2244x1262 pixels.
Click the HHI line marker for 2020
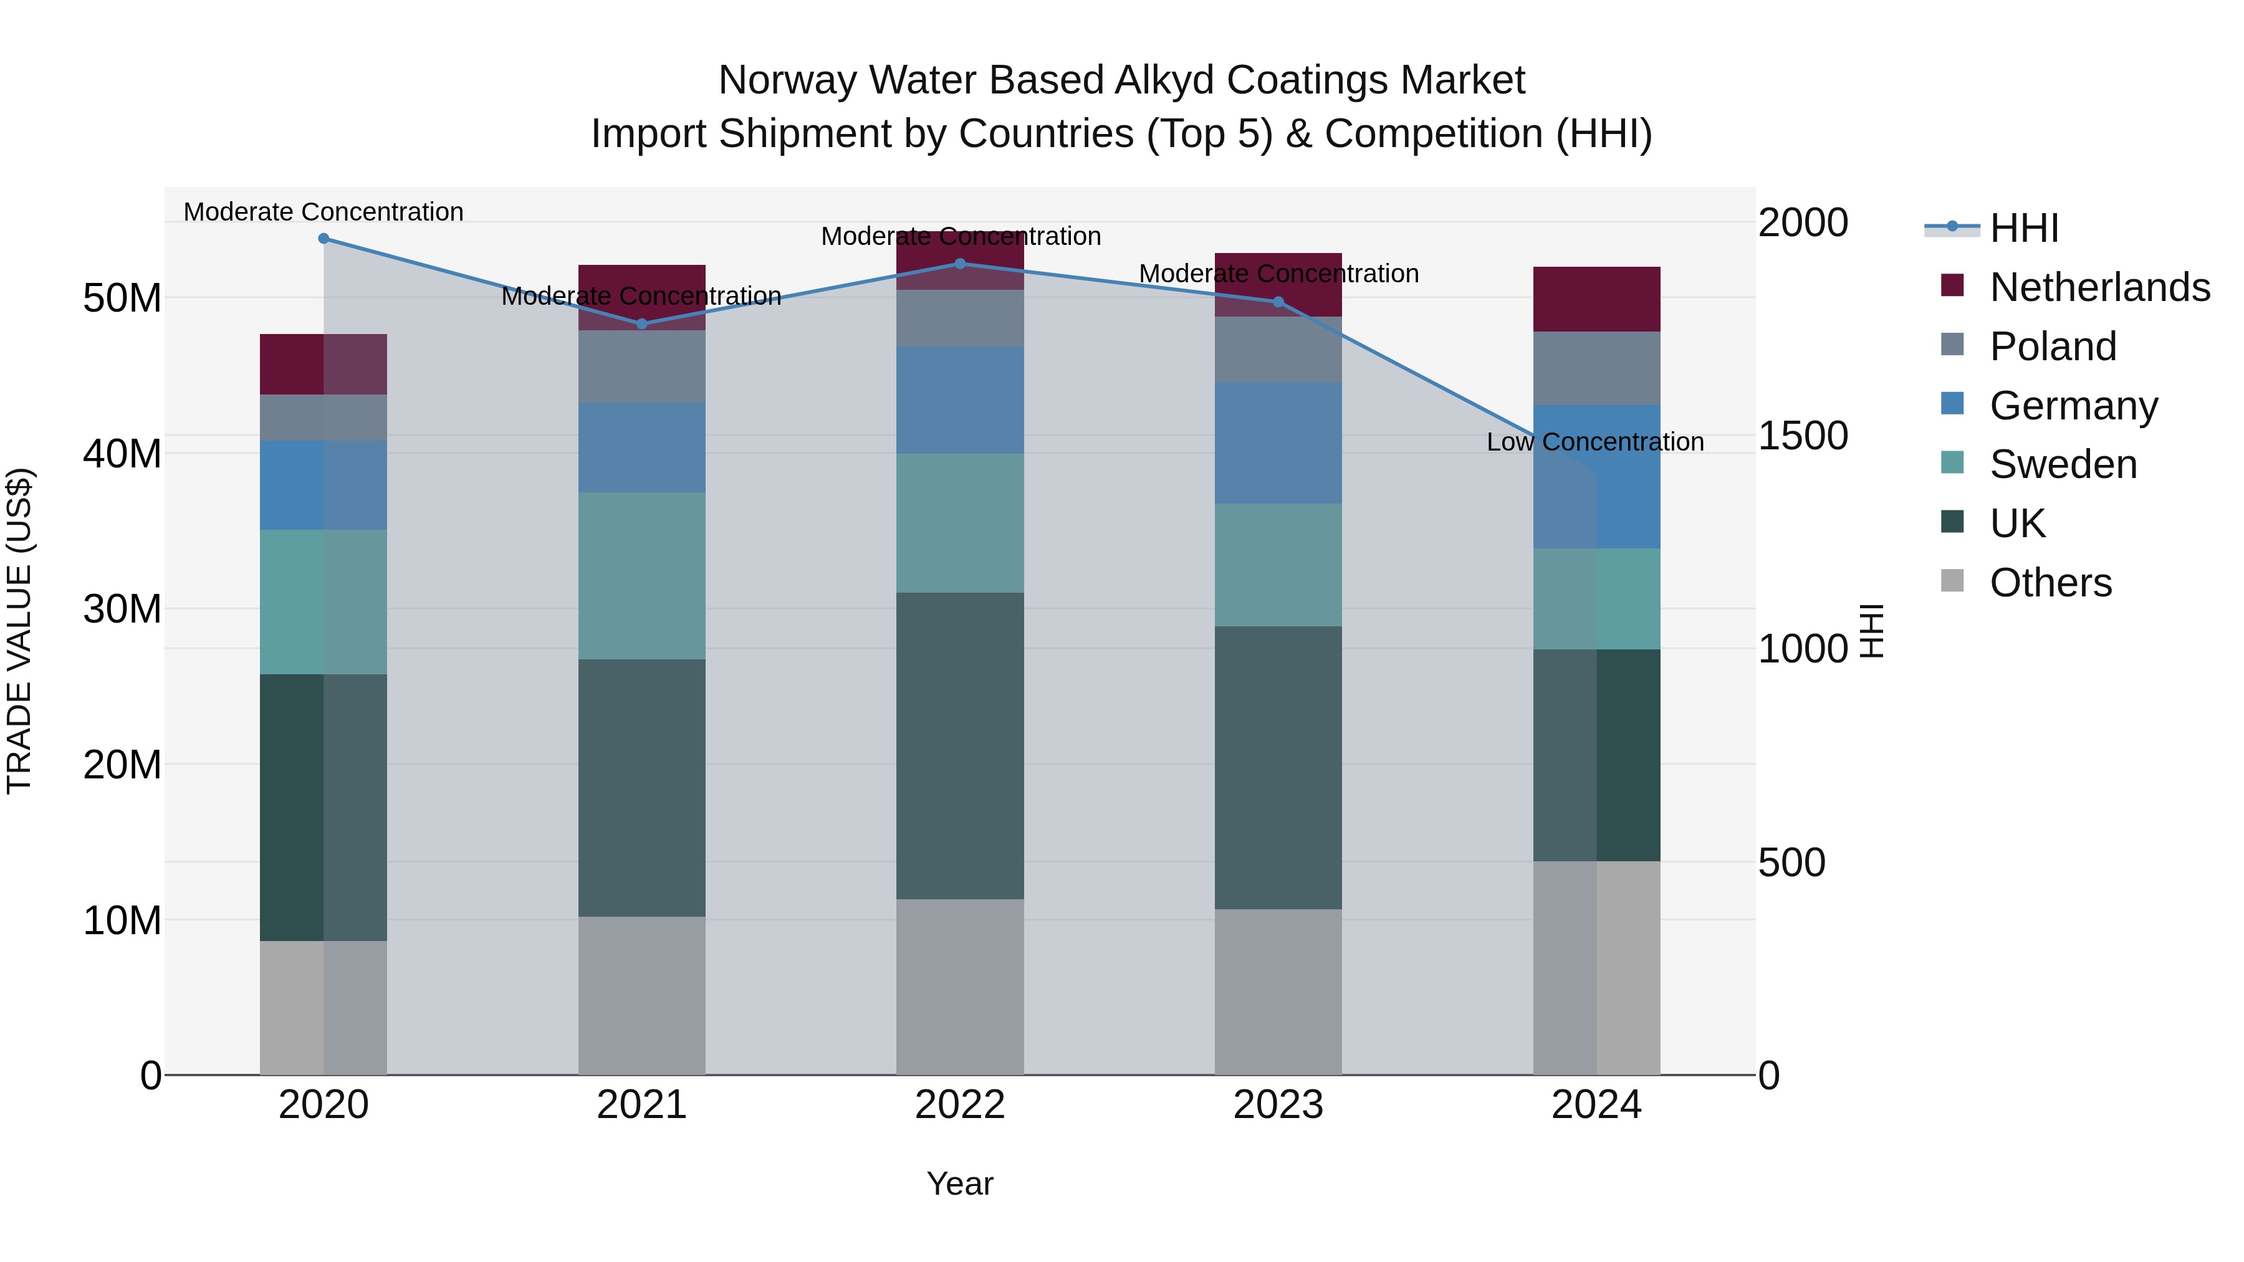point(323,238)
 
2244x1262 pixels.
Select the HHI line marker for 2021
point(642,324)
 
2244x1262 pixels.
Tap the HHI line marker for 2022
point(960,263)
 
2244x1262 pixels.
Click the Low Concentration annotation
point(1595,442)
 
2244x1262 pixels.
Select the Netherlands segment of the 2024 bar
point(1597,299)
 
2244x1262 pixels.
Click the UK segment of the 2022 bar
point(960,745)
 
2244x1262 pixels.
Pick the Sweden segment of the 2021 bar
point(642,576)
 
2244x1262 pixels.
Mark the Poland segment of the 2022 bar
point(960,318)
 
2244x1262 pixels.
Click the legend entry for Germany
point(2073,406)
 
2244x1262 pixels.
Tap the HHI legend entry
point(2023,228)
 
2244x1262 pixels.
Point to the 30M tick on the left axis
point(122,609)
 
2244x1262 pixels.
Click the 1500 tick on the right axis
point(1802,436)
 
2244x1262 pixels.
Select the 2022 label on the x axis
point(960,1105)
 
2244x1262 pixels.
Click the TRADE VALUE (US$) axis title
point(19,631)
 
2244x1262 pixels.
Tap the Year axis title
point(960,1183)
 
